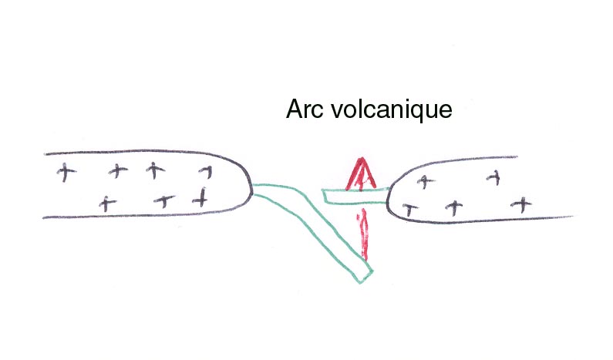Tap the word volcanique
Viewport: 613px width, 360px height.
click(x=392, y=109)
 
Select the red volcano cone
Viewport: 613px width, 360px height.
click(x=362, y=174)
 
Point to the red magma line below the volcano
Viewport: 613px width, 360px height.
click(x=365, y=234)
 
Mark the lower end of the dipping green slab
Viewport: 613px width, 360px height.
click(x=365, y=277)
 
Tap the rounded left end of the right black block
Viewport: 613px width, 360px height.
click(x=388, y=200)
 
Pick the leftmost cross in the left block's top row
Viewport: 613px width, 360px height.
click(x=66, y=173)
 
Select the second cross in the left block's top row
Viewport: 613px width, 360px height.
click(x=118, y=170)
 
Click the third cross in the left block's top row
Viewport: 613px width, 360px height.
click(x=155, y=170)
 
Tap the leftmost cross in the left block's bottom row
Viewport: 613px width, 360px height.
click(x=107, y=204)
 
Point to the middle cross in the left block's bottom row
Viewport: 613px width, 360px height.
click(x=164, y=201)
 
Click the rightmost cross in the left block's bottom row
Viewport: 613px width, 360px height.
click(x=200, y=197)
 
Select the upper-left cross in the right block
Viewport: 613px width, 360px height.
click(x=426, y=181)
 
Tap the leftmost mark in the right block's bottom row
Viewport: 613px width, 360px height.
click(x=410, y=210)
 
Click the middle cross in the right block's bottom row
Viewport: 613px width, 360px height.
click(x=454, y=207)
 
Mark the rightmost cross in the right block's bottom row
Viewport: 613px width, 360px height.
click(x=522, y=205)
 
